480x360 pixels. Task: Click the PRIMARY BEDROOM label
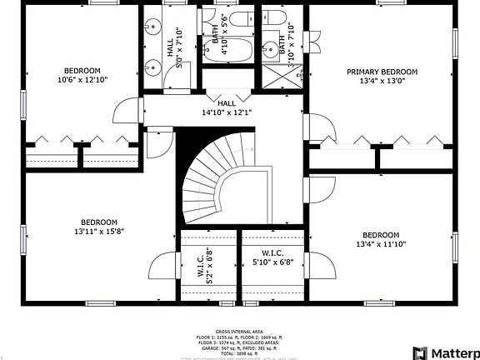[382, 72]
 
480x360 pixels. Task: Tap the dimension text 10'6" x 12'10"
[82, 80]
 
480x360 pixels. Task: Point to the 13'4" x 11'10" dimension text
[381, 244]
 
